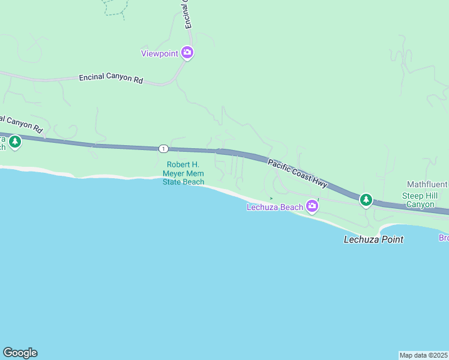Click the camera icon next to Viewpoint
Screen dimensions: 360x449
point(188,53)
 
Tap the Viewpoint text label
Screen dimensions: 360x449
point(160,53)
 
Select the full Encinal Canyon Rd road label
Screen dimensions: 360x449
point(111,79)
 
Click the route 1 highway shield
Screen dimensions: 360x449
point(163,148)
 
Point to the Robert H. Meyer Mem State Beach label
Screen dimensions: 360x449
point(184,173)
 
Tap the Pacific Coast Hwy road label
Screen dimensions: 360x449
point(297,172)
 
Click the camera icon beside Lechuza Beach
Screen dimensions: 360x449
point(312,207)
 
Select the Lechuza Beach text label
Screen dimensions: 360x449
point(275,208)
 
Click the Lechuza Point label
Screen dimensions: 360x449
point(373,239)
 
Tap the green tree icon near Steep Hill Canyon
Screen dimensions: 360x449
point(366,199)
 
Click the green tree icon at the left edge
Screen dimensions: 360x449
point(14,142)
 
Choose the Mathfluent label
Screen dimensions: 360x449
point(427,184)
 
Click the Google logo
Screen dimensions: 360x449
point(20,353)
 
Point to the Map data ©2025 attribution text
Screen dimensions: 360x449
point(423,355)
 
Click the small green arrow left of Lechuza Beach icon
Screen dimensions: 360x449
point(271,198)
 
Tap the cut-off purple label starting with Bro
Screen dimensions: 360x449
point(443,238)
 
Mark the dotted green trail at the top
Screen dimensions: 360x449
point(115,8)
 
